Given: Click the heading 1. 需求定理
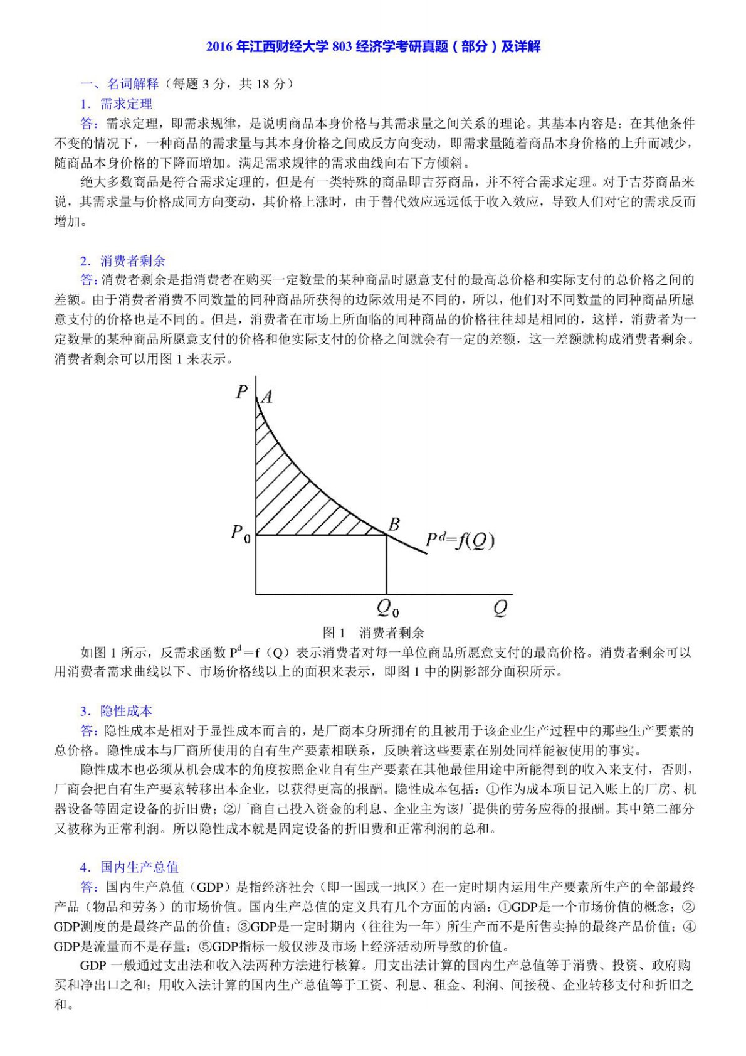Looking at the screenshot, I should [x=116, y=104].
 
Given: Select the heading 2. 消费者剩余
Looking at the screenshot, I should [x=123, y=260].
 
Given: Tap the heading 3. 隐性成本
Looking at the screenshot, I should [x=116, y=711].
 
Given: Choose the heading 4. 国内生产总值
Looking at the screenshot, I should [x=129, y=867].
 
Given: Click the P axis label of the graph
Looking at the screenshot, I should [x=242, y=392].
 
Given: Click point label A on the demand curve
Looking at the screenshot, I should [x=266, y=397].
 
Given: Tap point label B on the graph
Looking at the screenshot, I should [x=394, y=524].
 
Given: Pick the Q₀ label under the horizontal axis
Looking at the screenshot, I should [x=387, y=607].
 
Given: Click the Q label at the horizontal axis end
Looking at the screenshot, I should [x=500, y=607].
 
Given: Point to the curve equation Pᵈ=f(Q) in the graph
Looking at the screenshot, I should [x=460, y=540].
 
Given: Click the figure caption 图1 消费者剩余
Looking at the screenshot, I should [x=373, y=632].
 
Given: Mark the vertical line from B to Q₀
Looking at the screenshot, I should [x=386, y=565].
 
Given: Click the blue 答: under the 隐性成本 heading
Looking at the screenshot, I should [x=88, y=730].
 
